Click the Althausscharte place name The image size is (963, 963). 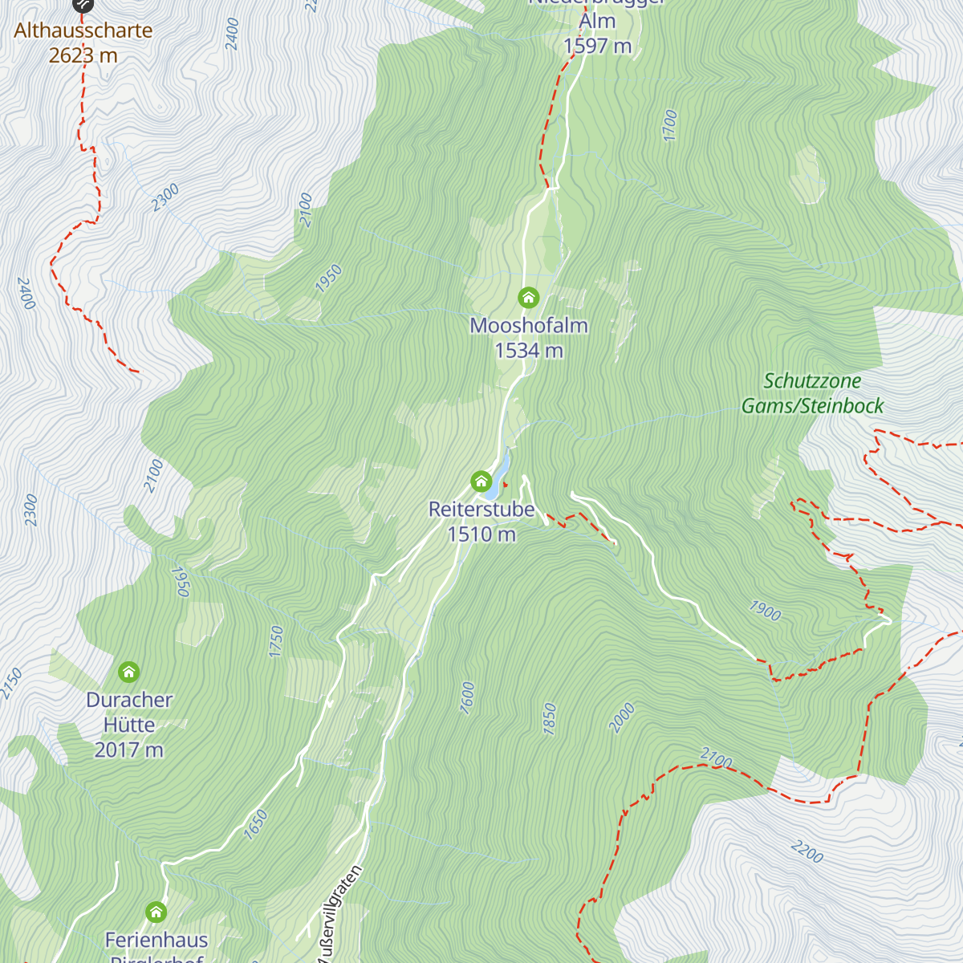[x=83, y=30]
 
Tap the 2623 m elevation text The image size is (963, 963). [x=83, y=55]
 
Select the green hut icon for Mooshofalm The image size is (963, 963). [x=528, y=298]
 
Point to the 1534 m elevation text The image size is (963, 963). [x=529, y=351]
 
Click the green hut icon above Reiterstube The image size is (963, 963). [x=481, y=481]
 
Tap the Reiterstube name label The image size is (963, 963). [x=481, y=510]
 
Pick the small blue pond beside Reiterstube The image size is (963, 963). [x=502, y=473]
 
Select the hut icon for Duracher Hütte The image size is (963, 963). [x=128, y=672]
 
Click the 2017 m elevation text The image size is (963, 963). [x=129, y=750]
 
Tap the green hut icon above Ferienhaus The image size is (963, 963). [x=156, y=912]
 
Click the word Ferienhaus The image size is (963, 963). [x=156, y=940]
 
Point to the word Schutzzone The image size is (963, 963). [x=812, y=381]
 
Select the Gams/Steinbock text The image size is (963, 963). [x=812, y=406]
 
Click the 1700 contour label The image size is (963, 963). [x=671, y=126]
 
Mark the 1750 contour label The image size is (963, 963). [x=277, y=642]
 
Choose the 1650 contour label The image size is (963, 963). [x=255, y=825]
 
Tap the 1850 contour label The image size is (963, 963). [x=550, y=718]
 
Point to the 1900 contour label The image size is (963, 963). [x=765, y=612]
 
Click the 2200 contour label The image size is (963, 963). [x=807, y=852]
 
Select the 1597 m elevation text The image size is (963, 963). [x=598, y=47]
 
